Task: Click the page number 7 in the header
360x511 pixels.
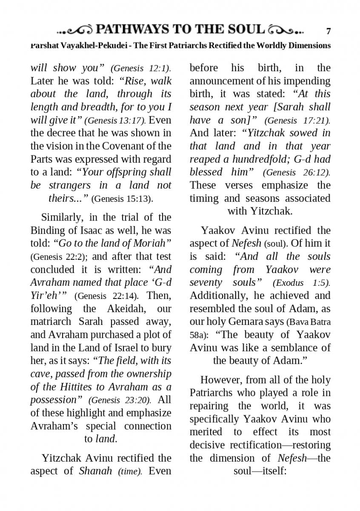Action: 328,31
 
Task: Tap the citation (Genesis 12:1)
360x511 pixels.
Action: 140,69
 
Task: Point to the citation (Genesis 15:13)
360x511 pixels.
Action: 122,199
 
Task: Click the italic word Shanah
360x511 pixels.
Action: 95,471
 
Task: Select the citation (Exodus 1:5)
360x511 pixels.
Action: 302,283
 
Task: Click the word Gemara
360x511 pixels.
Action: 242,322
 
